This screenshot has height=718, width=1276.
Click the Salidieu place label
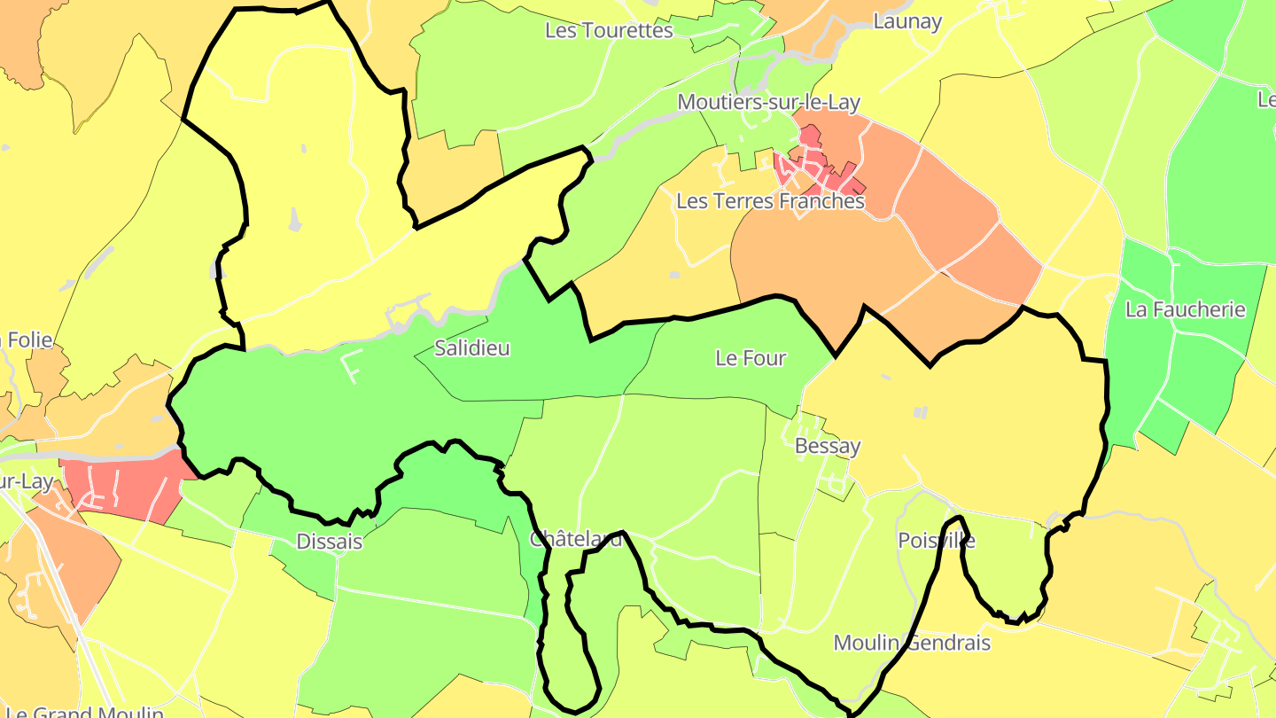coord(472,348)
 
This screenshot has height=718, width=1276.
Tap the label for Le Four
coord(751,358)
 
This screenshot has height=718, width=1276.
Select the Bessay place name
coord(828,446)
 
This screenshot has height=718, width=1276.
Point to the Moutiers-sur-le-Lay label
coord(768,103)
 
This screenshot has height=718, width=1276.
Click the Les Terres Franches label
coord(770,201)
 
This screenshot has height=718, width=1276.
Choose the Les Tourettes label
coord(609,30)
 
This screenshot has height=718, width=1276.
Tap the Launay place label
coord(907,21)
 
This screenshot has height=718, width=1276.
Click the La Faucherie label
coord(1185,310)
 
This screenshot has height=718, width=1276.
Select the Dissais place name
coord(330,541)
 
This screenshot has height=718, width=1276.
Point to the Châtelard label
coord(576,539)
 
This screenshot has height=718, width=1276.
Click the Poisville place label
coord(937,540)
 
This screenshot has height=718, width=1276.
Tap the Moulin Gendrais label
coord(912,643)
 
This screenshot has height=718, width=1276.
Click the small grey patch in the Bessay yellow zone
coord(920,412)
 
